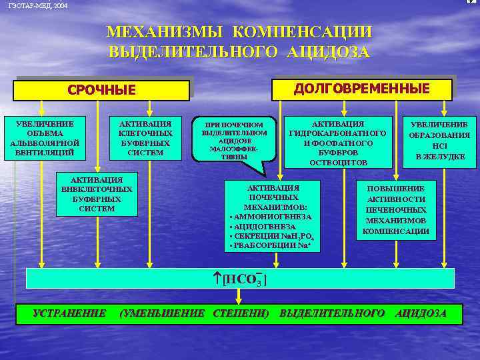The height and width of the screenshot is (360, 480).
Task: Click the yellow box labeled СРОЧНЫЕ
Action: pyautogui.click(x=101, y=90)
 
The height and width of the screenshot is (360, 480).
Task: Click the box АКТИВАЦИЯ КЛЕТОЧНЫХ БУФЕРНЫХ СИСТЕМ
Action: pyautogui.click(x=145, y=139)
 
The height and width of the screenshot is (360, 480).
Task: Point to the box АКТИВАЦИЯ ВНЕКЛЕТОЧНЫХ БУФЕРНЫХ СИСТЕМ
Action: pyautogui.click(x=96, y=194)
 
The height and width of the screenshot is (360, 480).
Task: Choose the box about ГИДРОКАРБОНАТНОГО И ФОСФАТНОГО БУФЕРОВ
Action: pyautogui.click(x=338, y=143)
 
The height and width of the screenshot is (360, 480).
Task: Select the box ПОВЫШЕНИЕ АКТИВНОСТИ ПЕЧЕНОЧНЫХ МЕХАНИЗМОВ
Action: pyautogui.click(x=395, y=210)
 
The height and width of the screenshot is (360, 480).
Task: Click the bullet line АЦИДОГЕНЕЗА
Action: pyautogui.click(x=264, y=227)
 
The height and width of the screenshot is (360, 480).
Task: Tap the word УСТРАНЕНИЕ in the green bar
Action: pyautogui.click(x=69, y=313)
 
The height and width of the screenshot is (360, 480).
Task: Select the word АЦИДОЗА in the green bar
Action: pyautogui.click(x=421, y=313)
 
